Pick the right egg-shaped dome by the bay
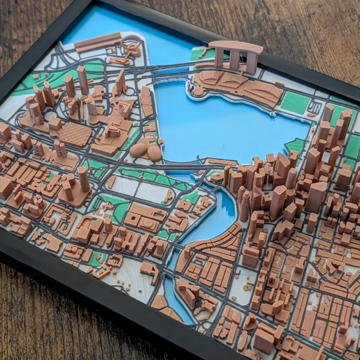154,153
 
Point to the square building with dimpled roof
75,134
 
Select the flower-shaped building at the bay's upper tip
196,90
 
